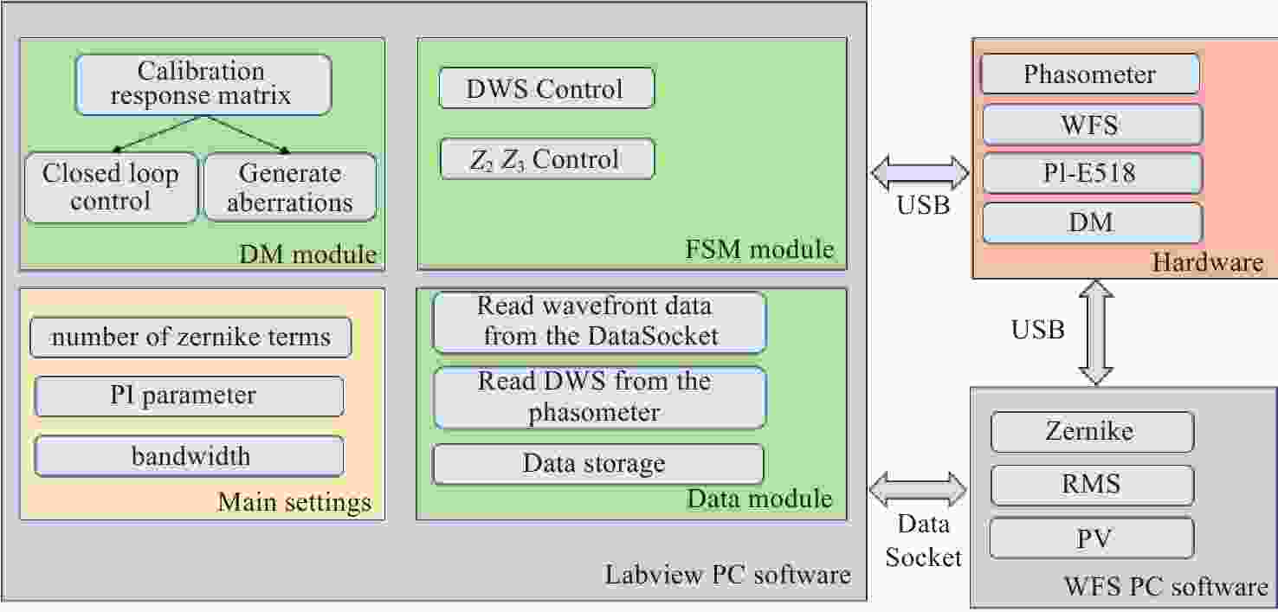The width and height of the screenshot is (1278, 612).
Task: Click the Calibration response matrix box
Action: [x=203, y=85]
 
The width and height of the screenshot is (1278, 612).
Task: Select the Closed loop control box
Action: [x=111, y=187]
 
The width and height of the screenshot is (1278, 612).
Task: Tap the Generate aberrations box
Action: [x=290, y=187]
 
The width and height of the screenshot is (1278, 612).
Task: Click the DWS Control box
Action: [x=546, y=87]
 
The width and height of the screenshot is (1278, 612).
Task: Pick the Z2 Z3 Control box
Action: [x=547, y=158]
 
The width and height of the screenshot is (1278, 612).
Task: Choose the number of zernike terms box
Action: [x=190, y=337]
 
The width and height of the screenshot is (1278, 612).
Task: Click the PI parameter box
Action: [x=190, y=396]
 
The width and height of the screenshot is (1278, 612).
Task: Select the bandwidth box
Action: [x=190, y=456]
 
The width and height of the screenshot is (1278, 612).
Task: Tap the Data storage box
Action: [x=597, y=463]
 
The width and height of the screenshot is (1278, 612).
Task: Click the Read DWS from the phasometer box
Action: [x=599, y=397]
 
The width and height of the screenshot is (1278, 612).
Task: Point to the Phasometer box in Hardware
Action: [x=1090, y=74]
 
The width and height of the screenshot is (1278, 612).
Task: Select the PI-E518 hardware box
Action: [x=1092, y=173]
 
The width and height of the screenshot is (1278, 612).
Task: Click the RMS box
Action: [x=1092, y=485]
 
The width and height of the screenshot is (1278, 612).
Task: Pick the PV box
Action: [x=1092, y=538]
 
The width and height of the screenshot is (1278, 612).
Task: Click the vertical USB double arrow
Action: [x=1095, y=332]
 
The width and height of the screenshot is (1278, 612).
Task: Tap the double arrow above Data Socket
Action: [x=919, y=489]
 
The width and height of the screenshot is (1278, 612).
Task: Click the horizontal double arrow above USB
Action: [x=920, y=172]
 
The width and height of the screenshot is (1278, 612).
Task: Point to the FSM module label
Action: [x=759, y=249]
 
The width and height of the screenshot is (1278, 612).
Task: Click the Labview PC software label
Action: [x=728, y=575]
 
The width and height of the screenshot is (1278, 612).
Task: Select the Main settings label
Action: [x=294, y=502]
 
